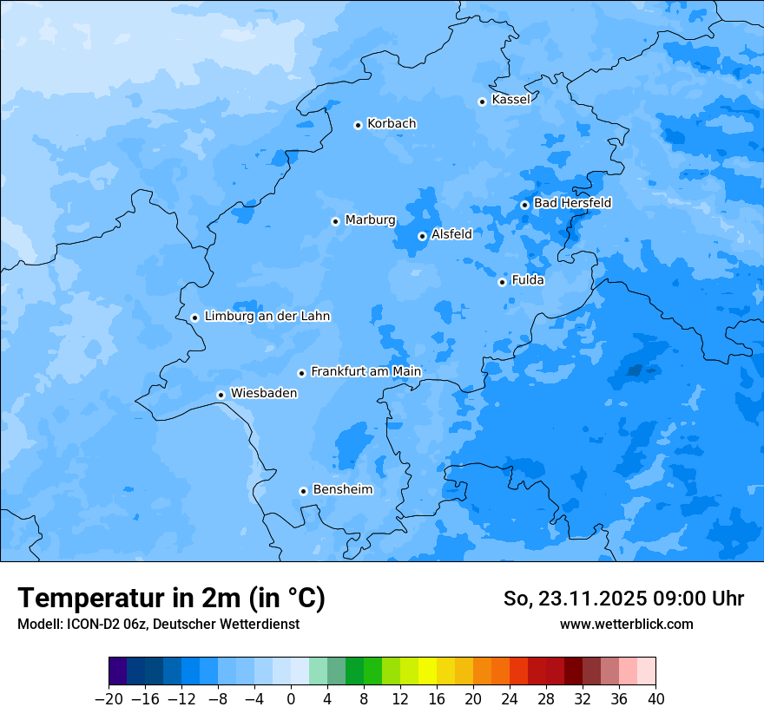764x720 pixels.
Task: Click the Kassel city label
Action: coord(510,100)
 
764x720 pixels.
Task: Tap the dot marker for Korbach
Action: coord(358,125)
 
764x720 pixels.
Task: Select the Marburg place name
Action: coord(370,220)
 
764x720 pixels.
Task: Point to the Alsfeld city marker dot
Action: coord(422,236)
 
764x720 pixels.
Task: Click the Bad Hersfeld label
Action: coord(572,203)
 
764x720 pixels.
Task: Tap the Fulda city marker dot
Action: coord(502,282)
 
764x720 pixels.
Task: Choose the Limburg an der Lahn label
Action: coord(267,317)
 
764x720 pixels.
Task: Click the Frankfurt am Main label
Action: coord(366,371)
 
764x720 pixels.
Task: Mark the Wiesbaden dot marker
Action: coord(221,395)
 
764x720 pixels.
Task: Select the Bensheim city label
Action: coord(342,489)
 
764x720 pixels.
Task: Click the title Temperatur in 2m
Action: coord(171,598)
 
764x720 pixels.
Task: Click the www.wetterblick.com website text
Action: coord(626,624)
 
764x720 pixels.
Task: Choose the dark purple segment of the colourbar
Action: coord(117,671)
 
